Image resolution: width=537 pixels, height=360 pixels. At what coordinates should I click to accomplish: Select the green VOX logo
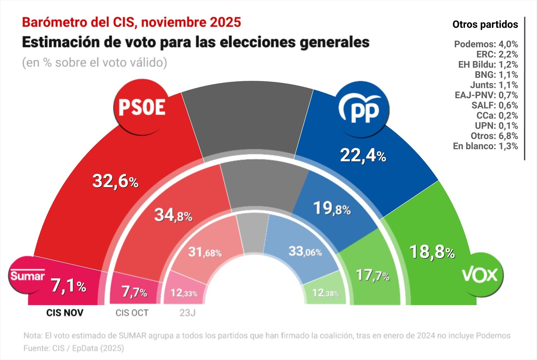480,275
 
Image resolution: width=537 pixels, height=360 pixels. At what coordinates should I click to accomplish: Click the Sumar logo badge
27,276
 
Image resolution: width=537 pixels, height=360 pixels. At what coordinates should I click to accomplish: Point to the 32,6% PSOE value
115,181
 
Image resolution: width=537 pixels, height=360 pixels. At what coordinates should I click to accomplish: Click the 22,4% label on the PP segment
363,156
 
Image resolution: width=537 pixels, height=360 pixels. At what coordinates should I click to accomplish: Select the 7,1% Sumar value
69,286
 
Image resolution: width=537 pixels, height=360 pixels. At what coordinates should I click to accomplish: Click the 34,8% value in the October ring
173,216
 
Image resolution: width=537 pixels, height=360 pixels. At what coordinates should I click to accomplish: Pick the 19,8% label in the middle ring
332,209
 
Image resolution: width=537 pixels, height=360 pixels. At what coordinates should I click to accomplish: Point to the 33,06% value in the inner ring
305,251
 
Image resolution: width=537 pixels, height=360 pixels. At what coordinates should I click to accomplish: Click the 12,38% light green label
325,293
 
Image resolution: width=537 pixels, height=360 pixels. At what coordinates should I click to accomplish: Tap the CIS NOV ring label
65,313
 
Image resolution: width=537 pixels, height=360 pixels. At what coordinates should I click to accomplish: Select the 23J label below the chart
187,313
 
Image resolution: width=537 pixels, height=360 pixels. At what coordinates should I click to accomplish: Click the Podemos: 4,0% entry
486,44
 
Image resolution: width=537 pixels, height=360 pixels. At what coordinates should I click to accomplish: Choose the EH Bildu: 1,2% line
488,65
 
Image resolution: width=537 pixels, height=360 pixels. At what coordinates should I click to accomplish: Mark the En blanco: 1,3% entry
485,146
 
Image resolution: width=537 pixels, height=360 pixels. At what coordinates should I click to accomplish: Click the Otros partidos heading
485,25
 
